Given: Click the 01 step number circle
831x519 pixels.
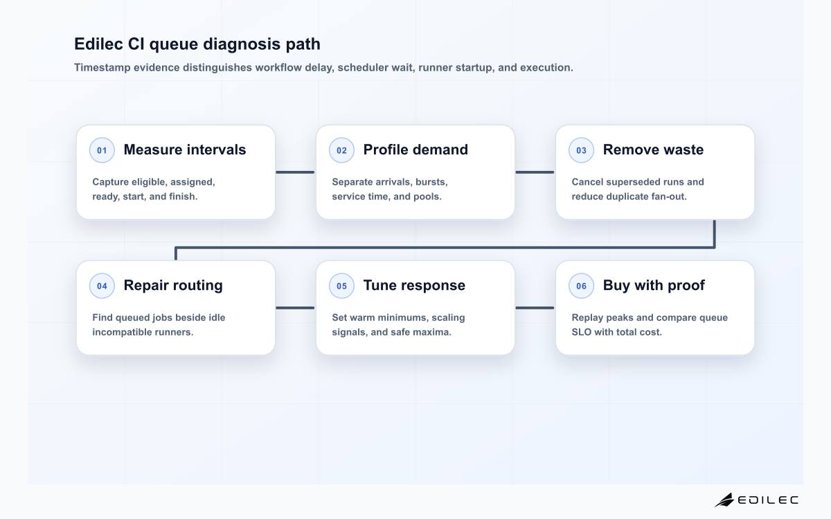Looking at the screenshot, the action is pyautogui.click(x=102, y=150).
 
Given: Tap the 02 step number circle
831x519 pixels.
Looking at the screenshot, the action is pyautogui.click(x=341, y=150).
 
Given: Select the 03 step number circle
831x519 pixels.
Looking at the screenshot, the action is pyautogui.click(x=581, y=150).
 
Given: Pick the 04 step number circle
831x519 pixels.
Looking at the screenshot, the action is pyautogui.click(x=102, y=286).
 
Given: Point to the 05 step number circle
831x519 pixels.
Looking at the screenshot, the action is pyautogui.click(x=341, y=286).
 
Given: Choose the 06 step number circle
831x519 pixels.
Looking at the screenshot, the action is pyautogui.click(x=581, y=286).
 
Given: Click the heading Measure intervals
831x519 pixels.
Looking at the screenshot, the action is pyautogui.click(x=185, y=149).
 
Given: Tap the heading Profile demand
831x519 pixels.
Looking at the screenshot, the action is pyautogui.click(x=415, y=149).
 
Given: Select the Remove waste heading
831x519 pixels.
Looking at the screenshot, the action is pyautogui.click(x=653, y=149).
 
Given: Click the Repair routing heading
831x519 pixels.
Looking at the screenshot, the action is pyautogui.click(x=173, y=286).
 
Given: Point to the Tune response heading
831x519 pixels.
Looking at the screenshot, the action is pyautogui.click(x=414, y=285).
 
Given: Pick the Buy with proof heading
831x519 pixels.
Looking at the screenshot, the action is pyautogui.click(x=654, y=285).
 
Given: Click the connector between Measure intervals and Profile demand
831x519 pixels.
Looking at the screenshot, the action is pyautogui.click(x=295, y=172).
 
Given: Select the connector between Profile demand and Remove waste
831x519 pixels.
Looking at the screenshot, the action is pyautogui.click(x=535, y=172).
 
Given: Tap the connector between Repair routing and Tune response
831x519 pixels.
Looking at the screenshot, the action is pyautogui.click(x=295, y=308).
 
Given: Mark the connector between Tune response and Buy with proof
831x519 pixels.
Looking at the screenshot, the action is pyautogui.click(x=535, y=308).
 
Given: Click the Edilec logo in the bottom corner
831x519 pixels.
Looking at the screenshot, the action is pyautogui.click(x=756, y=500).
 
